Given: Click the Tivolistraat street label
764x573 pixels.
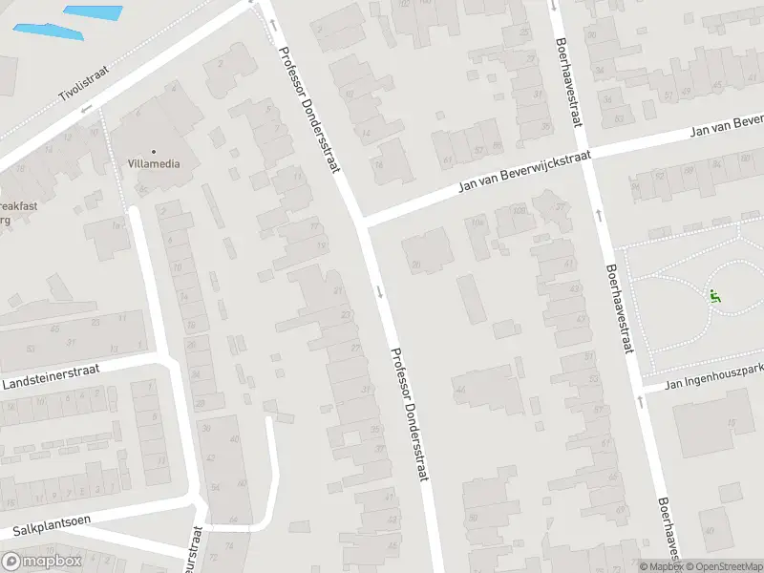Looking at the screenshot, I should pos(84,83).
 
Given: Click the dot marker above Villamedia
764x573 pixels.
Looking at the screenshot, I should pos(153,151).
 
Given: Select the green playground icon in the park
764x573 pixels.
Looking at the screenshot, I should pos(714,296).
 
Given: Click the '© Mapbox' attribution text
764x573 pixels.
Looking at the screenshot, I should pos(659,566).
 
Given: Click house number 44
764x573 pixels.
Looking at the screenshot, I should pos(459,391).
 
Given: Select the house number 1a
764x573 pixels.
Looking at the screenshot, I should pos(117,224).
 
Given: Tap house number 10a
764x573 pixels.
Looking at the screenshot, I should pos(476,223).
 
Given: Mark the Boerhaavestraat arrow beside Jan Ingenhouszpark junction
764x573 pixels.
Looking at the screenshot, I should pos(639,400).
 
